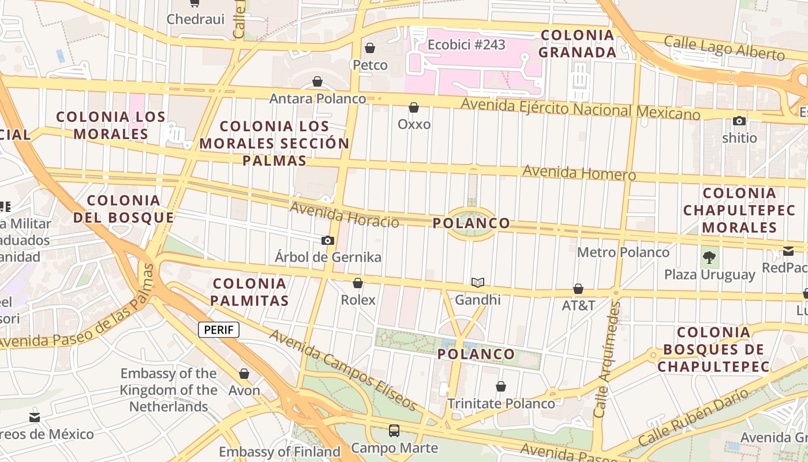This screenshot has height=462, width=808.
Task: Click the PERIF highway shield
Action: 219,330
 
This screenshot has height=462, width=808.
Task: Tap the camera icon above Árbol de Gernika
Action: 328,240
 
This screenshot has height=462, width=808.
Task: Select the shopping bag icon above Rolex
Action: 358,283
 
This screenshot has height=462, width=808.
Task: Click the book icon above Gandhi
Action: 477,282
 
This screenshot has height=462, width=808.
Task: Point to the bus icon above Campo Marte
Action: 394,430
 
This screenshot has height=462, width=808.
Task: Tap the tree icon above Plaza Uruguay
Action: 709,258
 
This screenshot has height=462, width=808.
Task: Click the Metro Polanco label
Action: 623,252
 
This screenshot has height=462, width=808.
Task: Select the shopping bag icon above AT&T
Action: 578,289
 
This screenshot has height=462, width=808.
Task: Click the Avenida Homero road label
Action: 579,173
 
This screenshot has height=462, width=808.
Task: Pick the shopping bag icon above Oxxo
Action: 414,107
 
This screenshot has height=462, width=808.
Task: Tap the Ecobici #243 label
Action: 466,45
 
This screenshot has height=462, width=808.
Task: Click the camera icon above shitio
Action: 739,121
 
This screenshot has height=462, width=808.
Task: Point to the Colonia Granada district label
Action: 578,44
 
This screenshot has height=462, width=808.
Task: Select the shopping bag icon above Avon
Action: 244,374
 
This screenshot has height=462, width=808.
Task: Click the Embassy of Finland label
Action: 279,452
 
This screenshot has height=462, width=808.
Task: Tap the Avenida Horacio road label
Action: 344,215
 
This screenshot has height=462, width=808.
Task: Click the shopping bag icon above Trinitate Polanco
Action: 501,386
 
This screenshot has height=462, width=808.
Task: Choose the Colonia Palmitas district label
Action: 249,292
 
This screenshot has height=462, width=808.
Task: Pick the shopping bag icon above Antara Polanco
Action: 317,81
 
